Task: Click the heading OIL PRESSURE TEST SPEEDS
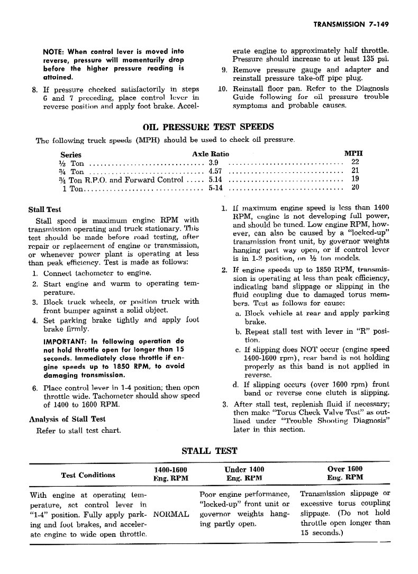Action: (208, 127)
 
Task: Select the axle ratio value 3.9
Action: (213, 163)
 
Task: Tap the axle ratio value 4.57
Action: (215, 171)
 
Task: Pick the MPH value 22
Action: (355, 162)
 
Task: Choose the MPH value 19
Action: (355, 179)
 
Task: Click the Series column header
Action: (71, 154)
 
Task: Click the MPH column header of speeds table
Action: (353, 154)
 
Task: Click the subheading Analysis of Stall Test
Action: (67, 420)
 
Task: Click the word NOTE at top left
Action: (53, 51)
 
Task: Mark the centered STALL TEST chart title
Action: (210, 451)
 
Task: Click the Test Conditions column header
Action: (88, 475)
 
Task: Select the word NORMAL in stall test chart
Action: (170, 514)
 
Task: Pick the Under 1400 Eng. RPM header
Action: (244, 473)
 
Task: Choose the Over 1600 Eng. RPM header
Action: (345, 473)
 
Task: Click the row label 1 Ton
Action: (73, 188)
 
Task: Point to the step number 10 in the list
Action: (222, 88)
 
